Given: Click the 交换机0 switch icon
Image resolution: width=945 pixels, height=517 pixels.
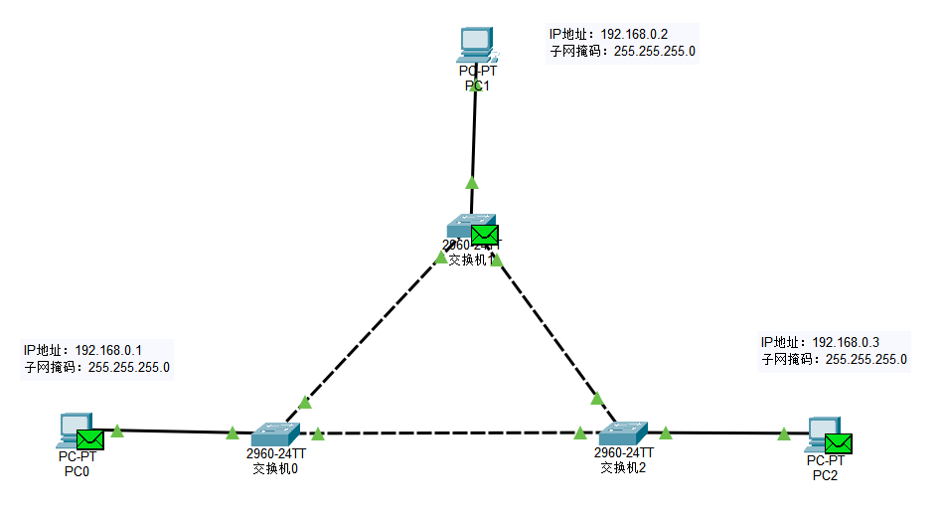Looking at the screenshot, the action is pos(274,434).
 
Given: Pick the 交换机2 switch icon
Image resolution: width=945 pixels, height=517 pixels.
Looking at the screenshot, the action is pos(623,433).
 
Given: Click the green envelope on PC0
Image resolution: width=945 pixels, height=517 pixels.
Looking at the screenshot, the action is pos(90,439).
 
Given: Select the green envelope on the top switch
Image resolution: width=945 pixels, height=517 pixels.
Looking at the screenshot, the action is pos(484,235).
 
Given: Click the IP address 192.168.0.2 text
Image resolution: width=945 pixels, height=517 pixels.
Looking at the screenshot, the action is pos(607,34).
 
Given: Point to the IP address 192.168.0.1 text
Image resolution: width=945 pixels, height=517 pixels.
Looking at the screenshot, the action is pos(83,350).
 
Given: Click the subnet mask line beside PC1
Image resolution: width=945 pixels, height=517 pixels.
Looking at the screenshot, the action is pos(622,51).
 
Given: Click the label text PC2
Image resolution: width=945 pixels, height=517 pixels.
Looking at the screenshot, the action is pos(825,475).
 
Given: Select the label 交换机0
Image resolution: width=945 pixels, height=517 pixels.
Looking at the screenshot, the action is pos(275,468).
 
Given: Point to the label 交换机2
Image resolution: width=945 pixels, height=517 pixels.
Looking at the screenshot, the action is pos(623,467).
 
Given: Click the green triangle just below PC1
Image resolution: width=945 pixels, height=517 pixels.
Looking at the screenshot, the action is pos(472,182).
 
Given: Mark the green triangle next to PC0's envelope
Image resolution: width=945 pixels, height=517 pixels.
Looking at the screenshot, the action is pos(117,431).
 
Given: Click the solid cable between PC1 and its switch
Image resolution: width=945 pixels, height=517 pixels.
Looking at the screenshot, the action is pos(474,139).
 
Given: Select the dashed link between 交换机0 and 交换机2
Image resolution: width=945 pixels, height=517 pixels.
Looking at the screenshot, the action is pos(447,433).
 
